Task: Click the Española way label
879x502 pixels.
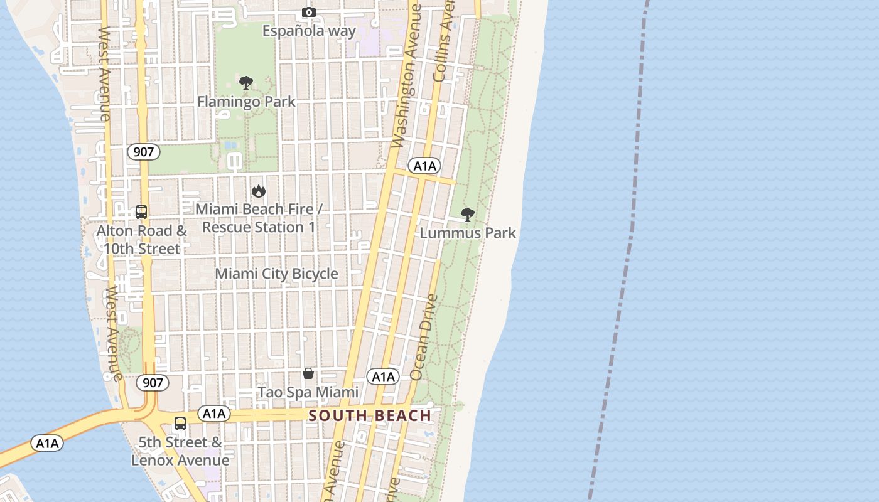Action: (x=309, y=31)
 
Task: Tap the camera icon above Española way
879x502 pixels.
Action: (x=308, y=13)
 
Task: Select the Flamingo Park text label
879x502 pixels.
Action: (x=246, y=102)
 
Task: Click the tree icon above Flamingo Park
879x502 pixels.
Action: (x=246, y=83)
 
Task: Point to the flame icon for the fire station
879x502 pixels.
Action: (x=258, y=191)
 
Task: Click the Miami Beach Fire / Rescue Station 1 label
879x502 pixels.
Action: (x=259, y=218)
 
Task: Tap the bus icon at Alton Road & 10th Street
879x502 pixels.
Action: (x=141, y=212)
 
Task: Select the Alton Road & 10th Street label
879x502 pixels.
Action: (x=142, y=240)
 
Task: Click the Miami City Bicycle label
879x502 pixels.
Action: (x=276, y=274)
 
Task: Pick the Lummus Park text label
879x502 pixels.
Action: (x=468, y=233)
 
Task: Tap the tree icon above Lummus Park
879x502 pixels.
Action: (x=467, y=215)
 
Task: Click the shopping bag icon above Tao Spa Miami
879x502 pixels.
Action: (x=308, y=373)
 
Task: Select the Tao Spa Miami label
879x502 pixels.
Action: (x=308, y=392)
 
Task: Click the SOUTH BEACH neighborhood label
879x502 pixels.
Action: (x=370, y=415)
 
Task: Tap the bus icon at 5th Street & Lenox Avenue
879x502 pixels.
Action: (x=180, y=424)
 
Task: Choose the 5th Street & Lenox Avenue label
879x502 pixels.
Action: (x=180, y=451)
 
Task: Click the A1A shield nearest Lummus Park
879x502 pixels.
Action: (x=424, y=166)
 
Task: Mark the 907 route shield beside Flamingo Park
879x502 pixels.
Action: (x=143, y=151)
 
